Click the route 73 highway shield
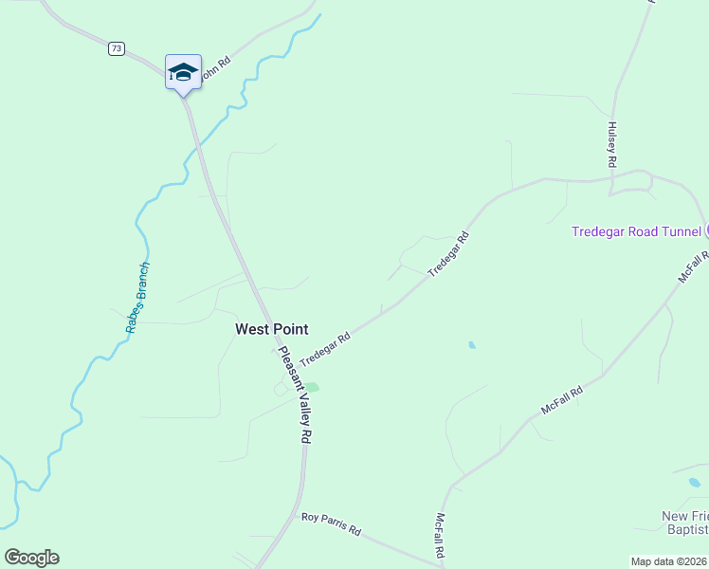pyautogui.click(x=117, y=48)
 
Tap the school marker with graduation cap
pyautogui.click(x=183, y=72)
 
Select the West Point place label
pyautogui.click(x=272, y=329)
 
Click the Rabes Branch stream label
pyautogui.click(x=137, y=297)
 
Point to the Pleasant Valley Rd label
pyautogui.click(x=294, y=395)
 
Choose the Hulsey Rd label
pyautogui.click(x=612, y=145)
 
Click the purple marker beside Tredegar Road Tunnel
pyautogui.click(x=706, y=231)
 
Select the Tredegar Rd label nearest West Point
pyautogui.click(x=325, y=350)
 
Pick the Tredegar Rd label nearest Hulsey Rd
pyautogui.click(x=448, y=254)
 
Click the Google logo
pyautogui.click(x=31, y=558)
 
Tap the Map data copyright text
pyautogui.click(x=669, y=561)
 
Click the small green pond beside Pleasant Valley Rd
pyautogui.click(x=312, y=387)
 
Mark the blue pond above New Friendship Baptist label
pyautogui.click(x=695, y=483)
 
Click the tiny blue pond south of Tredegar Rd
pyautogui.click(x=472, y=345)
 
